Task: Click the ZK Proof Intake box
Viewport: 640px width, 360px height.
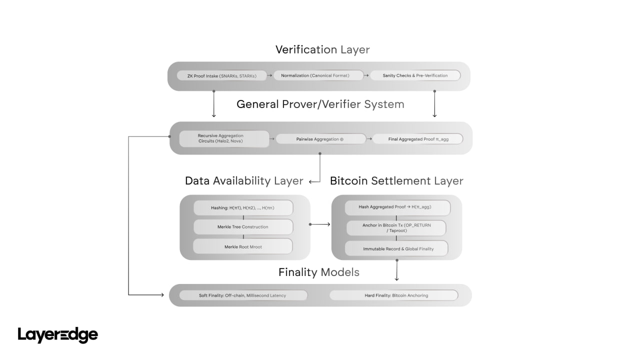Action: click(221, 75)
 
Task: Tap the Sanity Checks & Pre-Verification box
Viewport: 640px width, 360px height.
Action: click(415, 75)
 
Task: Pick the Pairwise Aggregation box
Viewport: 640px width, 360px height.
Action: click(321, 139)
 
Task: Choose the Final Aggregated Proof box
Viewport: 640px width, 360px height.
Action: click(418, 139)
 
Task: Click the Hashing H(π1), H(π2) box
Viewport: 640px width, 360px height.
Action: click(243, 207)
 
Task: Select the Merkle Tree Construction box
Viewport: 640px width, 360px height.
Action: click(243, 227)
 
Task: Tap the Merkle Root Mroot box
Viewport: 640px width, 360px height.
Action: click(243, 246)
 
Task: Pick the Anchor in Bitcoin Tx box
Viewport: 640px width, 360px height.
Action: click(396, 228)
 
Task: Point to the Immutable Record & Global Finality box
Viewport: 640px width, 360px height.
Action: click(398, 248)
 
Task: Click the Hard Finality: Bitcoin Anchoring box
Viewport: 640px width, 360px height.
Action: click(394, 295)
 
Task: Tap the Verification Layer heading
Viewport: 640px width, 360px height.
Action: click(322, 49)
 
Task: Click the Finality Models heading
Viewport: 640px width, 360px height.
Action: click(319, 272)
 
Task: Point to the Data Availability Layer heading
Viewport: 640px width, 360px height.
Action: click(244, 181)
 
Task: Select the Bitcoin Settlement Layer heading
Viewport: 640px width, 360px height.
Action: click(396, 181)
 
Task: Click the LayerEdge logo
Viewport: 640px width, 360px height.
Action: click(58, 335)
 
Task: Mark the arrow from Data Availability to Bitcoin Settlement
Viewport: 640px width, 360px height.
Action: click(320, 224)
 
